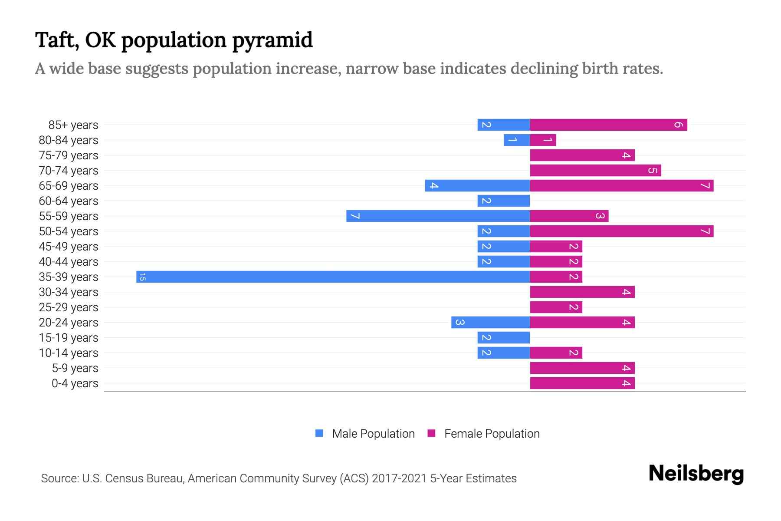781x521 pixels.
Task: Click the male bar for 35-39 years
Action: pyautogui.click(x=333, y=277)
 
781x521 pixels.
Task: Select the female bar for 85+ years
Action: pyautogui.click(x=608, y=125)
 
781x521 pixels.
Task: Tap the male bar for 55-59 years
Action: pyautogui.click(x=438, y=216)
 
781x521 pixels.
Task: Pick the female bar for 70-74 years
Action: pyautogui.click(x=595, y=171)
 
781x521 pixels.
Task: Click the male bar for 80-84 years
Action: pyautogui.click(x=517, y=140)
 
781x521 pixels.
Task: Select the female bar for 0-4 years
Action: pyautogui.click(x=582, y=383)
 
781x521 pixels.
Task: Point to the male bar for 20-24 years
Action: pyautogui.click(x=490, y=323)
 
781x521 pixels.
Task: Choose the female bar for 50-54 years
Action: pyautogui.click(x=621, y=231)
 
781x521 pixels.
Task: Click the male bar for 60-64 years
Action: pyautogui.click(x=503, y=201)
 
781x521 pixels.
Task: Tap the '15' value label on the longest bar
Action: pyautogui.click(x=142, y=277)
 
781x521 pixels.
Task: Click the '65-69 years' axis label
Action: pyautogui.click(x=69, y=186)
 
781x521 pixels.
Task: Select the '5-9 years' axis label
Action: pyautogui.click(x=75, y=368)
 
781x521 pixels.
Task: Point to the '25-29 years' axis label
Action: pyautogui.click(x=69, y=307)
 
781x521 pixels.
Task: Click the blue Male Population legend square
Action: pyautogui.click(x=319, y=433)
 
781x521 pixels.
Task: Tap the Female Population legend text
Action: pyautogui.click(x=492, y=434)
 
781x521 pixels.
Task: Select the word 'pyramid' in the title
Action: pyautogui.click(x=272, y=40)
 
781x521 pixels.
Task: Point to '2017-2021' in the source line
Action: pyautogui.click(x=399, y=478)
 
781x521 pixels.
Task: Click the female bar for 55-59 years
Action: pyautogui.click(x=569, y=216)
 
